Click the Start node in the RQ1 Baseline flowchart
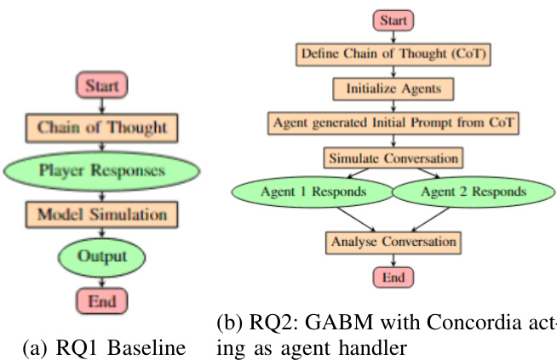[102, 85]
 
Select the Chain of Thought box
[102, 128]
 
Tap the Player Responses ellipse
[102, 170]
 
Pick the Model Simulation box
[102, 213]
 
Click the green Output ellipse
[102, 255]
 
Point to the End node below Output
[102, 300]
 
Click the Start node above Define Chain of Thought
[393, 20]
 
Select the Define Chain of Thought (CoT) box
[393, 54]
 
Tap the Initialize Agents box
[393, 88]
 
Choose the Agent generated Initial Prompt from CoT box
[393, 123]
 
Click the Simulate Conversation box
[393, 157]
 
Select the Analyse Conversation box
[393, 243]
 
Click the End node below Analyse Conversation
[393, 277]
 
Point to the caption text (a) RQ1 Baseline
[102, 347]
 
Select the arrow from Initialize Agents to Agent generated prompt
[393, 106]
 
